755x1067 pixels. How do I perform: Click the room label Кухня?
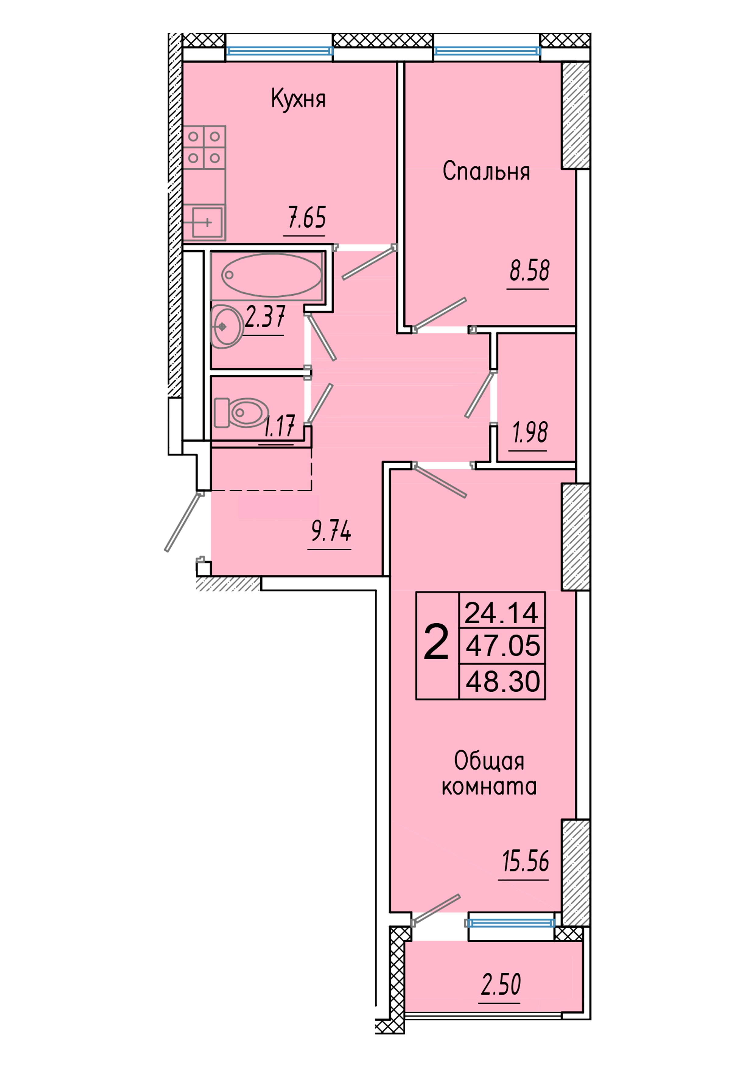coord(298,99)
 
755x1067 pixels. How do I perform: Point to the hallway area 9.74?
coord(331,531)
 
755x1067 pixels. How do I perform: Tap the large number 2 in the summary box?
coord(436,643)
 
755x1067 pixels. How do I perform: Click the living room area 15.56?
coord(525,861)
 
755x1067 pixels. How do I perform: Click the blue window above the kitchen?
coord(279,51)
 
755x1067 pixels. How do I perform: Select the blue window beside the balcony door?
coord(511,923)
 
